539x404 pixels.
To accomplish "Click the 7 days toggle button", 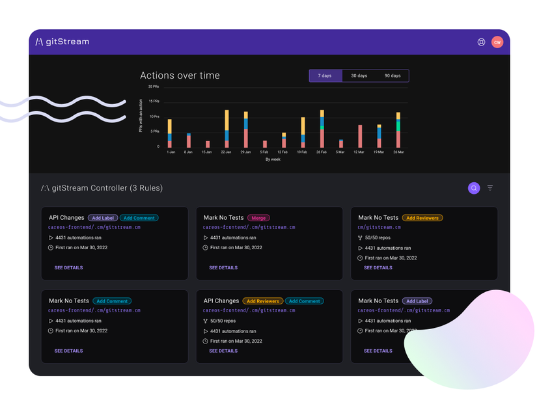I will click(325, 75).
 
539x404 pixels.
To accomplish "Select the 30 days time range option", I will click(359, 75).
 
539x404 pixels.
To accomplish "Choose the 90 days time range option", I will click(393, 75).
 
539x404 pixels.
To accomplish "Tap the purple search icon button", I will click(474, 188).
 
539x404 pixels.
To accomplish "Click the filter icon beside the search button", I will click(490, 188).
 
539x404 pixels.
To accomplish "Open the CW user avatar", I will click(497, 42).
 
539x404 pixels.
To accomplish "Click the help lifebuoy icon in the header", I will click(481, 42).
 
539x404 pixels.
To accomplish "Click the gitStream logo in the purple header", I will click(62, 42).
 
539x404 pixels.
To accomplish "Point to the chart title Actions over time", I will click(180, 75).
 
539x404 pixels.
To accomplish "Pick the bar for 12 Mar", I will click(360, 136).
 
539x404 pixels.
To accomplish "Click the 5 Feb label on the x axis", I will click(265, 152).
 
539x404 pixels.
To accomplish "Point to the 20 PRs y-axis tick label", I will click(154, 87).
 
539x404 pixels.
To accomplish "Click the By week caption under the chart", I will click(273, 159).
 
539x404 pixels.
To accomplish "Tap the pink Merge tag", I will click(258, 218).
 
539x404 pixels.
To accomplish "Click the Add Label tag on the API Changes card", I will click(103, 218).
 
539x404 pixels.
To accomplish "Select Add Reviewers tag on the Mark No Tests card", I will click(422, 218).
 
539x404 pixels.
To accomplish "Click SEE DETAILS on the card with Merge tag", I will click(223, 267).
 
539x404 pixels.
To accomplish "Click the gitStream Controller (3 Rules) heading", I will click(102, 188).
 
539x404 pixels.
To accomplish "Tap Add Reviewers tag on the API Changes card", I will click(263, 301).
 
